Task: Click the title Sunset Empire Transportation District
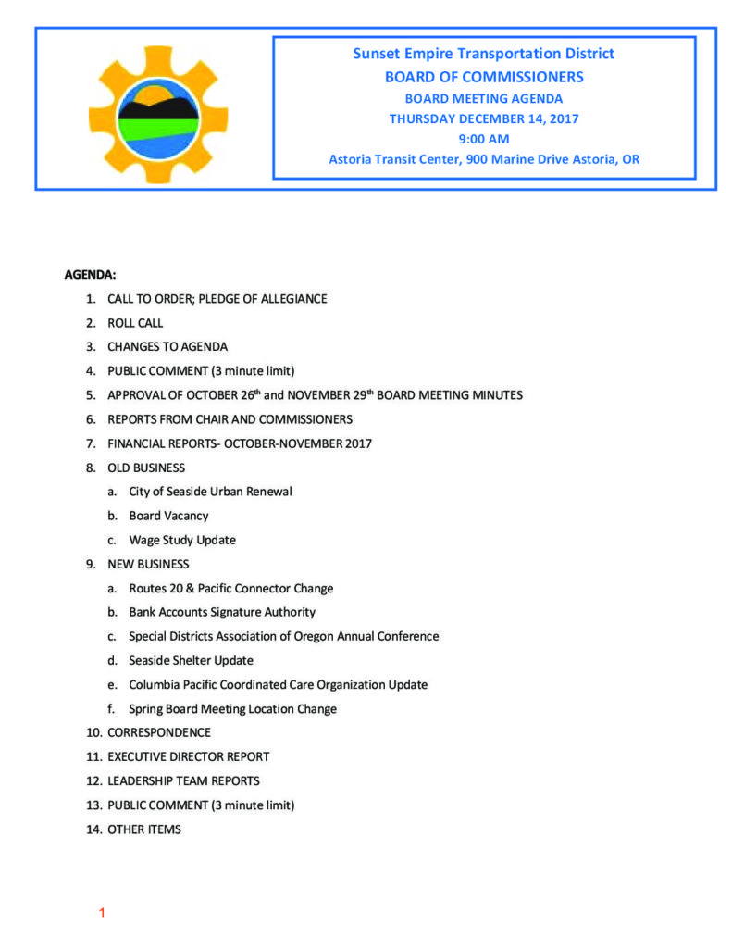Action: coord(483,54)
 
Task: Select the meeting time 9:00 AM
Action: coord(483,139)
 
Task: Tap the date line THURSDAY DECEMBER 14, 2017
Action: coord(483,118)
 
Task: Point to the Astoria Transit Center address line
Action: coord(483,159)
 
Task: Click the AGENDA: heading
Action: coord(90,275)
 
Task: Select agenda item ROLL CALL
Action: coord(135,323)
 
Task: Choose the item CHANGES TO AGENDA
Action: coord(167,347)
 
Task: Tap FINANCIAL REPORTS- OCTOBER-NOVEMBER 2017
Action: coord(240,443)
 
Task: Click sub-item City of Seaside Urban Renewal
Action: coord(210,492)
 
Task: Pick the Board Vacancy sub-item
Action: coord(168,516)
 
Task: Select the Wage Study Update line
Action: coord(182,540)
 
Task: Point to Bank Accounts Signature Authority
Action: coord(222,612)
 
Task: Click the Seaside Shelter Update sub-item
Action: coord(191,660)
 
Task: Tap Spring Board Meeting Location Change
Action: coord(232,709)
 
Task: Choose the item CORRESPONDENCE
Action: coord(158,732)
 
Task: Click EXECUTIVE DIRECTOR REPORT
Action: coord(189,756)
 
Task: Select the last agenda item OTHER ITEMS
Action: coord(144,829)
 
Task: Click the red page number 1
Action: coord(102,914)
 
